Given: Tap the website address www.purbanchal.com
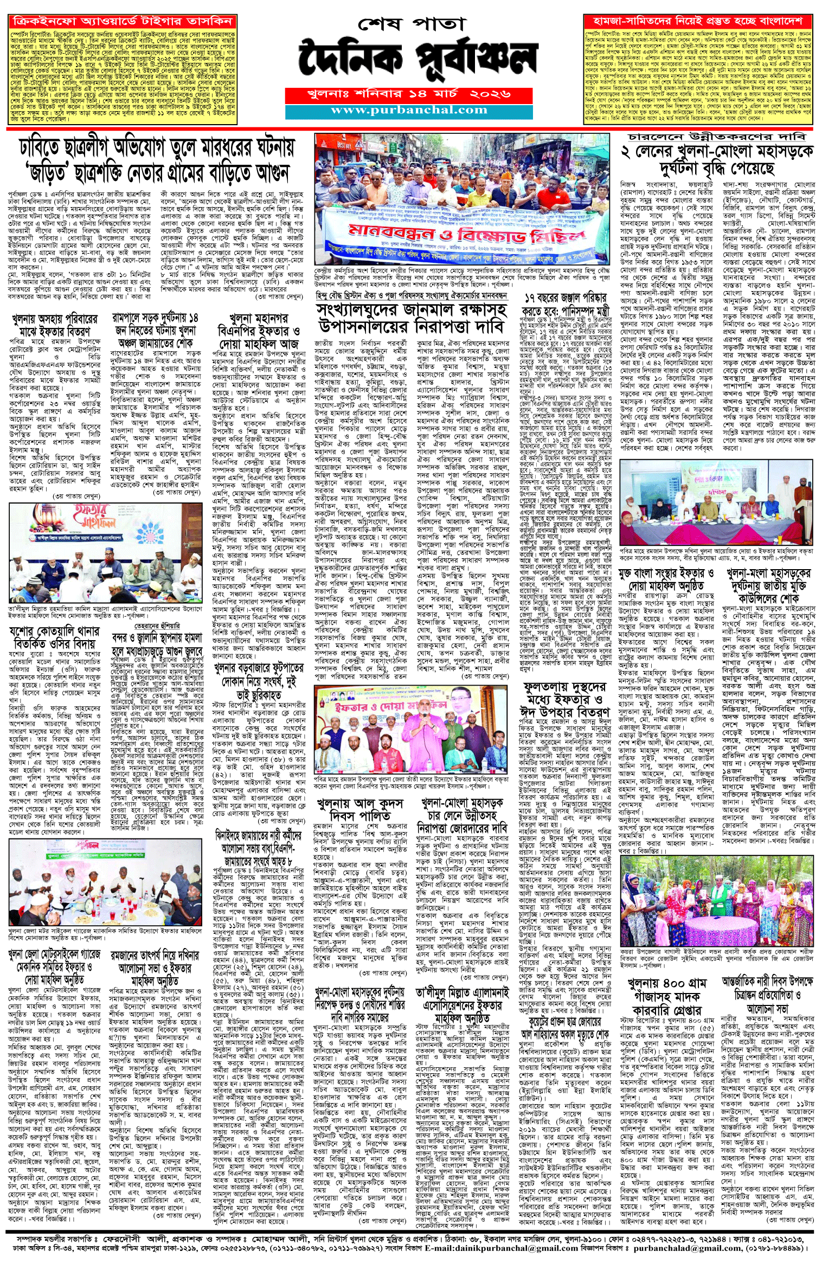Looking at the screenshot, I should (409, 110).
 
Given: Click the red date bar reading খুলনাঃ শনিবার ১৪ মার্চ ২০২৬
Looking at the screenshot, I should (409, 94).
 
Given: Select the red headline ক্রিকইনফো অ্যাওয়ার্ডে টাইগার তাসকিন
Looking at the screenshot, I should (123, 22).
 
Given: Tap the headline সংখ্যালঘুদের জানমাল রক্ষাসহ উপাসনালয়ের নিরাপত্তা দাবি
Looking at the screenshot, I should (412, 319).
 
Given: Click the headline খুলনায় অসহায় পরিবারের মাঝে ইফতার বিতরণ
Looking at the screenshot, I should (54, 325).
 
